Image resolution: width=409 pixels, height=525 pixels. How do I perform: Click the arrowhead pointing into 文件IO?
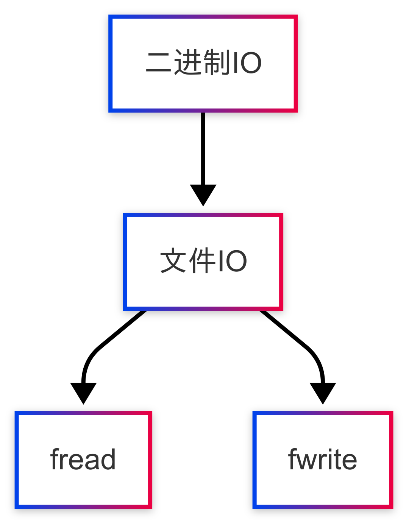(x=203, y=194)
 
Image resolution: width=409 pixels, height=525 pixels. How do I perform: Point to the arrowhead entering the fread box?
(x=83, y=392)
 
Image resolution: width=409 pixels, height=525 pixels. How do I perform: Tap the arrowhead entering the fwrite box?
(x=323, y=392)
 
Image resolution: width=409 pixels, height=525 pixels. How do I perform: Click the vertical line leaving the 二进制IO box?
(x=203, y=148)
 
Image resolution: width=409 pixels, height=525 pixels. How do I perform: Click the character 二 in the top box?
(x=159, y=62)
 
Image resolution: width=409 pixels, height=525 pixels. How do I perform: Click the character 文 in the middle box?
(x=173, y=260)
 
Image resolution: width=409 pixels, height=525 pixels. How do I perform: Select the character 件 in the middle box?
(x=202, y=260)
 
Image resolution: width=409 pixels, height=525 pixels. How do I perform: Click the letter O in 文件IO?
(x=236, y=261)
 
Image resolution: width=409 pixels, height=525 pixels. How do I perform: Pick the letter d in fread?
(x=108, y=459)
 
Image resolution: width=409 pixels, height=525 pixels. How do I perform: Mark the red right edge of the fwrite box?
(x=391, y=460)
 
